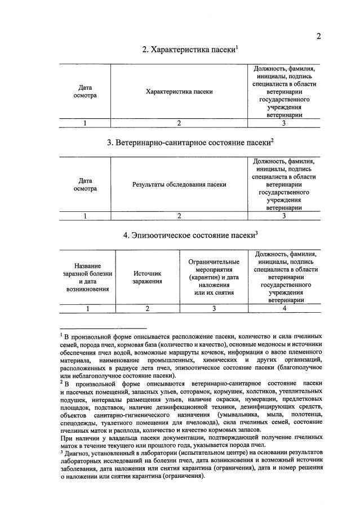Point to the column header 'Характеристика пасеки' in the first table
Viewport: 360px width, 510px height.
(x=179, y=91)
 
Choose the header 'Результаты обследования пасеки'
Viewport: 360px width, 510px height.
(x=179, y=184)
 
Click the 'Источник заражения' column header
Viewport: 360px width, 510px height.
(x=148, y=277)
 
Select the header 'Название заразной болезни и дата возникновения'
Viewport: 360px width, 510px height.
(x=86, y=277)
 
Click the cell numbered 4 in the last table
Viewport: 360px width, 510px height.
(x=285, y=308)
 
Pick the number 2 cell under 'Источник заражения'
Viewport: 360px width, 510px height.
(x=148, y=308)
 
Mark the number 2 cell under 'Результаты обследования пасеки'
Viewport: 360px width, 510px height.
(x=179, y=215)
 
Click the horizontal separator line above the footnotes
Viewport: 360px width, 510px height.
(x=103, y=328)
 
